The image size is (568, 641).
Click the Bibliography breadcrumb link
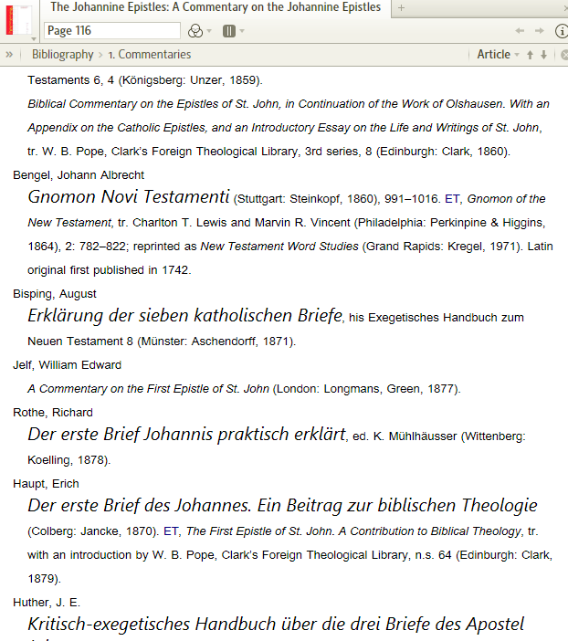[63, 55]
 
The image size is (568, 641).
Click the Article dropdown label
[493, 55]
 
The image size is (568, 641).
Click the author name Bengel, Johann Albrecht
[79, 174]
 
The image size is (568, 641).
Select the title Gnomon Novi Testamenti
[129, 196]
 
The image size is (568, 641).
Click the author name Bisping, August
[55, 294]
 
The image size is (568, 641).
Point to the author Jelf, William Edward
[67, 365]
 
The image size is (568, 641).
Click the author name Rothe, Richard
[53, 413]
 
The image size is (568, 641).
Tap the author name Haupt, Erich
[46, 484]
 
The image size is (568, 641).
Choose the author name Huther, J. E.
[47, 603]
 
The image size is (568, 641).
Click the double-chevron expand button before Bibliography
[9, 55]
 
